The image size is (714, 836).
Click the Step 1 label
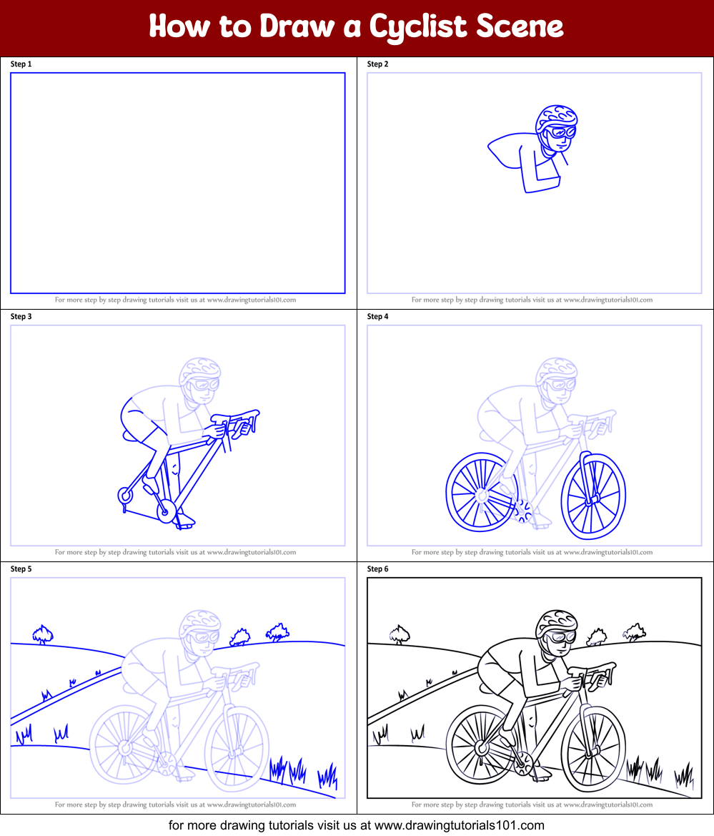21,64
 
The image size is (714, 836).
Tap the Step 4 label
377,317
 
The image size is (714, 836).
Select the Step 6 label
377,569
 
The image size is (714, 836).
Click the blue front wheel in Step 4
593,496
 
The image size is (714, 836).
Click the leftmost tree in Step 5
43,634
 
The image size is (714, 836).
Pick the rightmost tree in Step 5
277,631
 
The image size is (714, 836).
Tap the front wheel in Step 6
593,748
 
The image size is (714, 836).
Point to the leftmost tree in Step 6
400,634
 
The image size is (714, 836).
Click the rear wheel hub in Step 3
124,495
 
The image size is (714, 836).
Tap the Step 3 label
21,317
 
